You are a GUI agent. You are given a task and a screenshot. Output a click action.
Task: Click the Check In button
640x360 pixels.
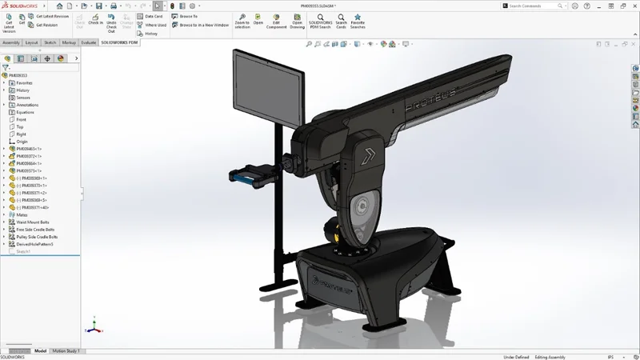point(95,20)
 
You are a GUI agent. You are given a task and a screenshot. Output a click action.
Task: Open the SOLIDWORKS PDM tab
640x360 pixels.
point(119,42)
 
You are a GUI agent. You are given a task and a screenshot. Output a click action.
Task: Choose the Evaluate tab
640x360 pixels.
point(88,42)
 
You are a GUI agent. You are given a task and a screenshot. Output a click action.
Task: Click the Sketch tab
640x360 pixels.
point(50,42)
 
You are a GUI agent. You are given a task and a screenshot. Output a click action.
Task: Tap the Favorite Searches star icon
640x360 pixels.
point(358,20)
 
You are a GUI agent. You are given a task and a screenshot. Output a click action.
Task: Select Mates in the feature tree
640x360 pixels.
point(22,214)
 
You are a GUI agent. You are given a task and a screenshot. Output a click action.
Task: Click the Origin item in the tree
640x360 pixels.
point(22,142)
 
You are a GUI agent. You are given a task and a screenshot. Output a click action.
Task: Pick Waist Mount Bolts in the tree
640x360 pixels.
point(33,222)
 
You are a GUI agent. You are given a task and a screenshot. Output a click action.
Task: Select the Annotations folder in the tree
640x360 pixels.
point(27,105)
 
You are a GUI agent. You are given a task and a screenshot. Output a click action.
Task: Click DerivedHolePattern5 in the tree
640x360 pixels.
point(35,244)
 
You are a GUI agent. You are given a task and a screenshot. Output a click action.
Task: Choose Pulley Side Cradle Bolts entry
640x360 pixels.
point(37,237)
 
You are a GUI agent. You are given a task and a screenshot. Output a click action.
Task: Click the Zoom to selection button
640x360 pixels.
point(242,20)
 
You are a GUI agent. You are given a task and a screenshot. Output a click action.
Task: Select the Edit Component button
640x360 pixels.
point(276,20)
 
